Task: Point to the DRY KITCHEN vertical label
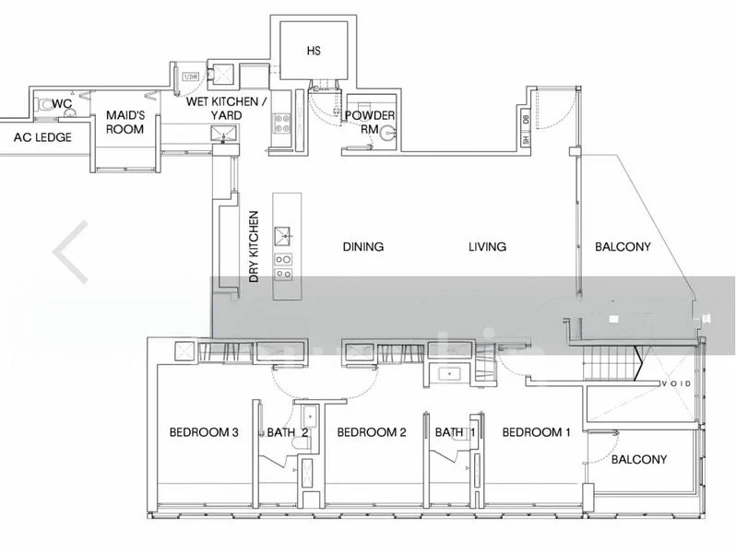pyautogui.click(x=255, y=246)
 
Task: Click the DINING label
pyautogui.click(x=362, y=247)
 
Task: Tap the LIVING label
pyautogui.click(x=487, y=247)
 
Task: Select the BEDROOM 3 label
pyautogui.click(x=204, y=432)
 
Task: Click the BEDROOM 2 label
pyautogui.click(x=371, y=432)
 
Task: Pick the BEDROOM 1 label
pyautogui.click(x=537, y=432)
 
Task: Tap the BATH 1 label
pyautogui.click(x=455, y=432)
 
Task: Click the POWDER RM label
pyautogui.click(x=370, y=122)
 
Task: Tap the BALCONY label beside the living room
pyautogui.click(x=623, y=247)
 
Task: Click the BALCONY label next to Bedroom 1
pyautogui.click(x=639, y=459)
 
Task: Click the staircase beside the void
pyautogui.click(x=611, y=365)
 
